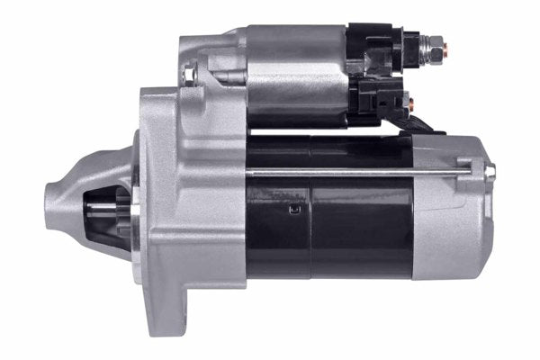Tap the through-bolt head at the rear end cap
(x=490, y=170)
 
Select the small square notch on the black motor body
(x=292, y=212)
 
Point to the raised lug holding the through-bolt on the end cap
(x=468, y=166)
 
